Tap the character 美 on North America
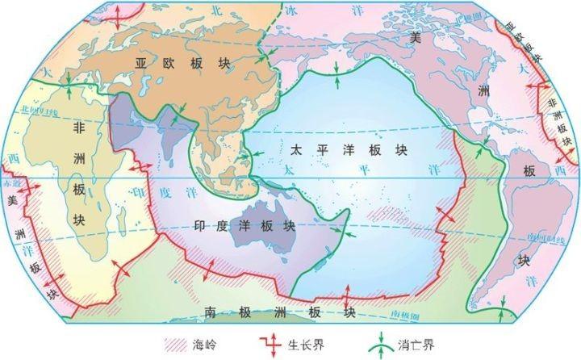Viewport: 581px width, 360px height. point(416,38)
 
